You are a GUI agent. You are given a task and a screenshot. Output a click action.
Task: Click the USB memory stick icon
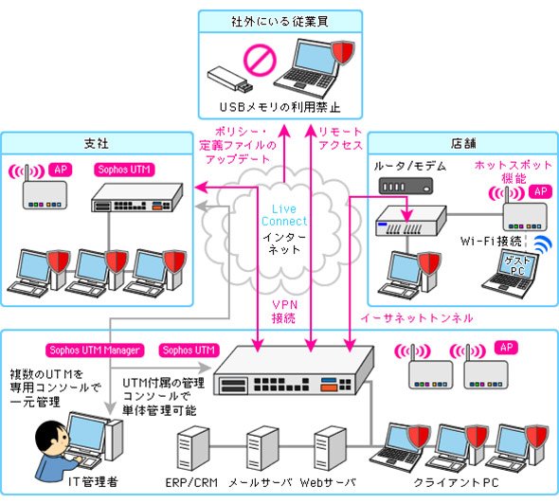coord(230,80)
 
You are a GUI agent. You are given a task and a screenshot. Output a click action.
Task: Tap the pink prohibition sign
coord(260,60)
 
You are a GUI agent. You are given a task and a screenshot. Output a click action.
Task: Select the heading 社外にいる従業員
coord(279,22)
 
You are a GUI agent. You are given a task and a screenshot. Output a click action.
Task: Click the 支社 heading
coord(97,144)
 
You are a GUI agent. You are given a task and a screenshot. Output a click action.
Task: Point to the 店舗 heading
coord(463,144)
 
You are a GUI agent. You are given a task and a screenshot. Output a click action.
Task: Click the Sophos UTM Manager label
coord(95,350)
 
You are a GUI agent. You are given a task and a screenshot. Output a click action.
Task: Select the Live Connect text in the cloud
coord(284,215)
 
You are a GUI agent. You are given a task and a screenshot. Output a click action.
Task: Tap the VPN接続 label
coord(284,311)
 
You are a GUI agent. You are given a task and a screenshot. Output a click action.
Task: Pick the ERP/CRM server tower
coord(193,448)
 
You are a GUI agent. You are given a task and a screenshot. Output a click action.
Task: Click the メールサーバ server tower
coord(262,448)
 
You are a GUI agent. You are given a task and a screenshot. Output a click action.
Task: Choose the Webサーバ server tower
coord(330,448)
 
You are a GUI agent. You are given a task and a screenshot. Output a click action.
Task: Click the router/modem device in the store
coord(406,186)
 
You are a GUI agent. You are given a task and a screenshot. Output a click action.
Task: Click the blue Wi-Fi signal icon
coord(543,243)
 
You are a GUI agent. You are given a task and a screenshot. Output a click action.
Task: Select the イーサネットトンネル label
coord(416,317)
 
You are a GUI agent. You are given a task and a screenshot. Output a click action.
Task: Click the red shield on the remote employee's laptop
coord(343,52)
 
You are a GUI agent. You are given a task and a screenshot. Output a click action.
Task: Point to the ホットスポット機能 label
coord(514,171)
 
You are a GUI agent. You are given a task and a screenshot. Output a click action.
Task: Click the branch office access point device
coord(45,194)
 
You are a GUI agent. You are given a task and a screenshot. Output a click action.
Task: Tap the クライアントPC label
coord(456,482)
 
